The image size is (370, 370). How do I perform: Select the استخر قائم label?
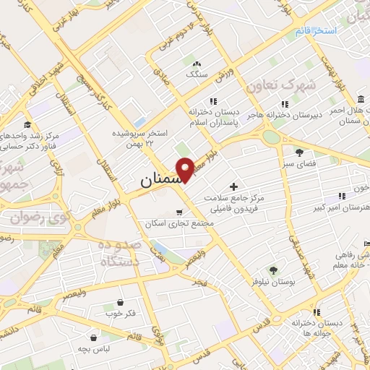point(316,32)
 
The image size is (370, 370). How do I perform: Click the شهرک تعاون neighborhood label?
point(281,86)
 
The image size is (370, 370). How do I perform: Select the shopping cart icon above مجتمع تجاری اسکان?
point(179,212)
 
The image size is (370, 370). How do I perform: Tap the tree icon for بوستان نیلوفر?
point(272,270)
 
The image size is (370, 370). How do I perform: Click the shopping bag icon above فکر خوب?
point(119,303)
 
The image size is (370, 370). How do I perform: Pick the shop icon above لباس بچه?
point(94,337)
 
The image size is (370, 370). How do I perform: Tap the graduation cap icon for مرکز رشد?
point(27,124)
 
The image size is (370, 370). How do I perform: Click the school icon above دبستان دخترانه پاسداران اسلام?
point(212,101)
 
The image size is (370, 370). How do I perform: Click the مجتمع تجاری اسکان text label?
point(180,224)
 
